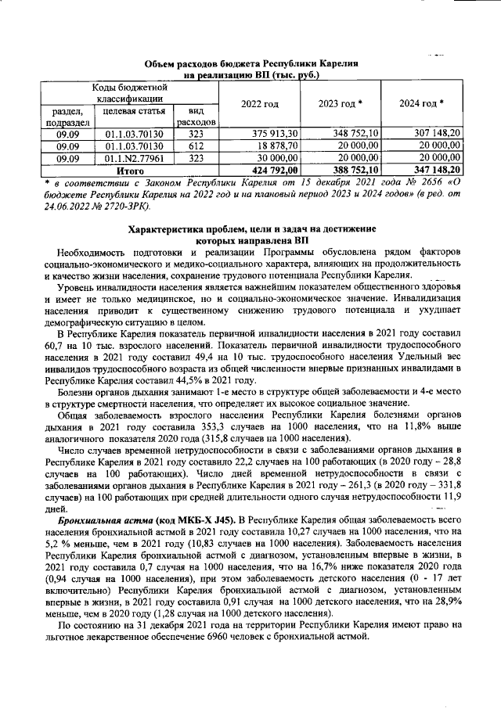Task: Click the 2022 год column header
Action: click(x=259, y=104)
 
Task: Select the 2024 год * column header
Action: click(x=422, y=104)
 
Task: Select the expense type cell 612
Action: click(x=196, y=145)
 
